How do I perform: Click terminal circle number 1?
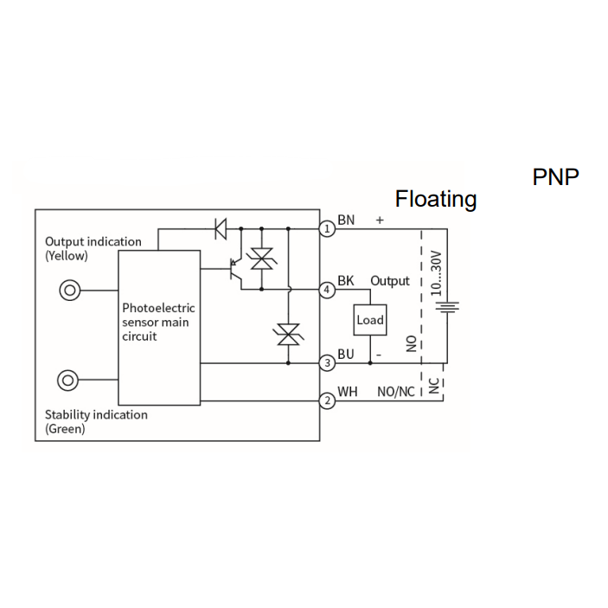(x=327, y=228)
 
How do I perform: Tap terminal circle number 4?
(x=327, y=290)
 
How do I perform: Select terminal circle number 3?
(x=327, y=363)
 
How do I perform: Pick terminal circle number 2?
(x=327, y=400)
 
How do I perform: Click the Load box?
(x=370, y=320)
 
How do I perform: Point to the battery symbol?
(x=447, y=307)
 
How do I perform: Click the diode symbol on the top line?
(x=221, y=229)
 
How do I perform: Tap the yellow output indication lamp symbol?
(x=70, y=291)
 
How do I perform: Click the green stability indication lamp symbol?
(x=67, y=381)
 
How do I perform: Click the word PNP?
(x=555, y=177)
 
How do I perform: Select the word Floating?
(x=436, y=199)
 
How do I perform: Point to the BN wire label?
(x=346, y=220)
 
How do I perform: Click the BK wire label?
(x=346, y=280)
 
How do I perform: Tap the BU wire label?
(x=346, y=354)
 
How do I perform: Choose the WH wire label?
(x=348, y=392)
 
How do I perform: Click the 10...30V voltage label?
(x=436, y=273)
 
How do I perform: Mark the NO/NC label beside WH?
(x=396, y=392)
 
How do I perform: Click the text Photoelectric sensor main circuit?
(x=158, y=323)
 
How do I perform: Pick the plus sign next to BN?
(x=380, y=221)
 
